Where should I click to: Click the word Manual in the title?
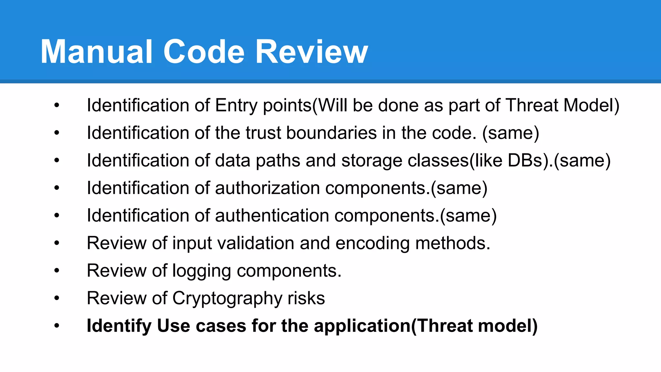96,52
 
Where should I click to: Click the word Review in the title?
311,52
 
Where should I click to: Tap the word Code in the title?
204,52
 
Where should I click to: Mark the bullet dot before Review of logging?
57,271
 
